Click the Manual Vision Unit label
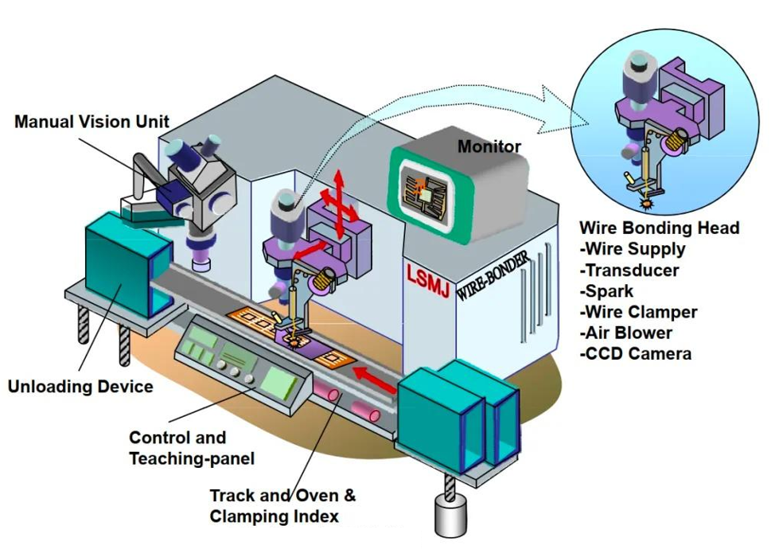[x=92, y=122]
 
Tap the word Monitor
[x=489, y=146]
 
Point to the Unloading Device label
[x=80, y=387]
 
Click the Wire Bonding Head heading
[x=659, y=228]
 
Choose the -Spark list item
[x=611, y=291]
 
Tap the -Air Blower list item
[x=627, y=333]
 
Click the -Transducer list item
[x=630, y=271]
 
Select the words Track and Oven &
[x=282, y=496]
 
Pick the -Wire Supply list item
[x=633, y=249]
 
